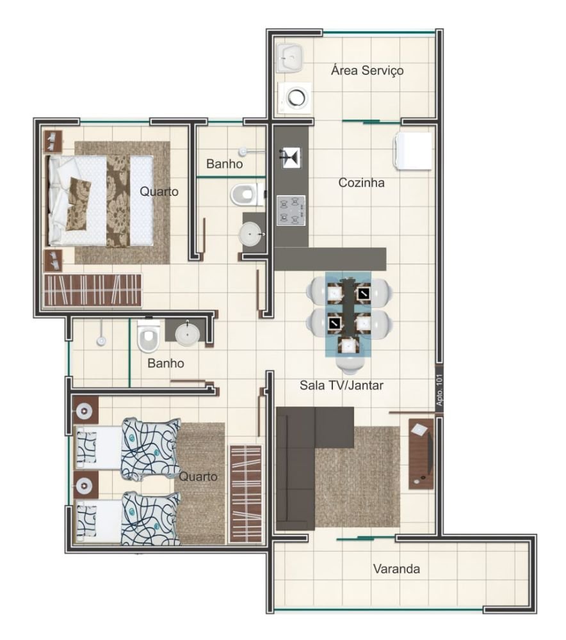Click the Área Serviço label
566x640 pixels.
[x=367, y=70]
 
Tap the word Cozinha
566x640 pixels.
[x=361, y=182]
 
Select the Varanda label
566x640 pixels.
[x=396, y=568]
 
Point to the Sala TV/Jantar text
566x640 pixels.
[x=341, y=385]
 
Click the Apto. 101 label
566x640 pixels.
[x=439, y=390]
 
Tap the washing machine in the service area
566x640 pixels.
[x=295, y=98]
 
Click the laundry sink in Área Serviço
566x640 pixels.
[x=290, y=58]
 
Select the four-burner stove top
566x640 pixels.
[x=291, y=211]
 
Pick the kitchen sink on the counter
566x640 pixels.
[x=291, y=157]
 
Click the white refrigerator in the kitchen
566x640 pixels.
[x=413, y=150]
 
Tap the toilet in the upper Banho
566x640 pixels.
[x=247, y=195]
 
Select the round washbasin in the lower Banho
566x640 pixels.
[x=188, y=334]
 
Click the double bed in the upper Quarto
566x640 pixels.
[x=101, y=200]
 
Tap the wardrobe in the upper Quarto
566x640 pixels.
[x=93, y=290]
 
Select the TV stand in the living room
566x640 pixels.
[x=421, y=454]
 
